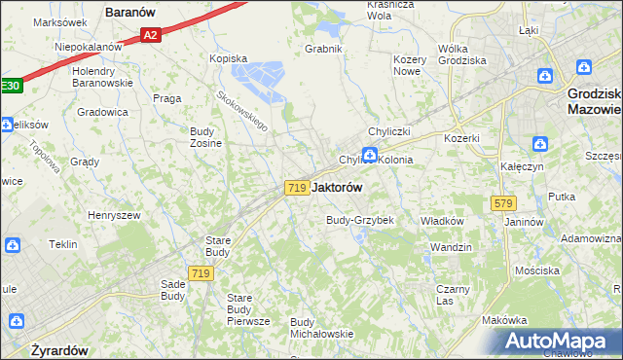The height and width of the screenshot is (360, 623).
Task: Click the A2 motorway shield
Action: point(149,36)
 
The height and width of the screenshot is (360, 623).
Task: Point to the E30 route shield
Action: point(9,86)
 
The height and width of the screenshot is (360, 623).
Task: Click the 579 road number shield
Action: point(502,203)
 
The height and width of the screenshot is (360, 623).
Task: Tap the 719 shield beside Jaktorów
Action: point(298,187)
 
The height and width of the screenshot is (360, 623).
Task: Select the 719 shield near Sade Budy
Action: point(202,274)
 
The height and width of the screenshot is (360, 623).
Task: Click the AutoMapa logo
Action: point(558,342)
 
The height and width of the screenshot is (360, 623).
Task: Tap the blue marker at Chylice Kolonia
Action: point(370,154)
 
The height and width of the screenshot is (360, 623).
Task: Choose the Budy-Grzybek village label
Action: point(359,220)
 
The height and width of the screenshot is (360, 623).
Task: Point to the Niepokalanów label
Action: point(88,47)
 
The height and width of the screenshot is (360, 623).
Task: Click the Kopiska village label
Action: point(230,58)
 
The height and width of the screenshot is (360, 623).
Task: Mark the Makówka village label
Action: point(504,320)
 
